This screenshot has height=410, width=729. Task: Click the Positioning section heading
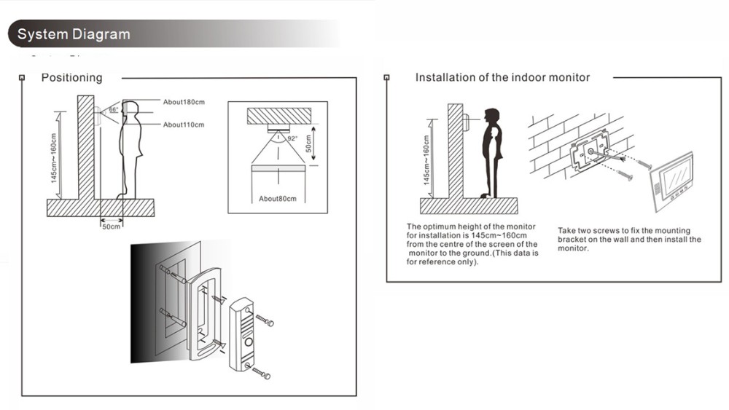coord(71,77)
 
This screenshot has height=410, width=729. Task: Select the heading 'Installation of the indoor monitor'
coord(502,77)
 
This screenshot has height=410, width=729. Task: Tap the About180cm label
coord(184,102)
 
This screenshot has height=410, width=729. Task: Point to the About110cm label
coord(183,125)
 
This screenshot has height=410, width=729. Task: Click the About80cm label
coord(278,199)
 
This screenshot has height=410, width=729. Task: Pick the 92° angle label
coord(292,138)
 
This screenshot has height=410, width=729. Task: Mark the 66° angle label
coord(114,109)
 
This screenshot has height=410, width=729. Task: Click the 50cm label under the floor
coord(111,226)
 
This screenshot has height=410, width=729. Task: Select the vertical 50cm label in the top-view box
coord(308,143)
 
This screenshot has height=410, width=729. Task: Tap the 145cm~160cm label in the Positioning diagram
coord(53,158)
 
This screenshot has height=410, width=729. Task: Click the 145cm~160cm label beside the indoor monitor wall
coord(426,159)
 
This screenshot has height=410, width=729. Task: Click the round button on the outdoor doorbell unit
coord(249,342)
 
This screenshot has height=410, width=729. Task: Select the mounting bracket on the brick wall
coord(590,151)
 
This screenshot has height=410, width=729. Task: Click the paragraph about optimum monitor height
coord(472,244)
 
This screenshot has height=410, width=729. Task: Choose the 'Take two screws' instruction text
coord(629,239)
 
